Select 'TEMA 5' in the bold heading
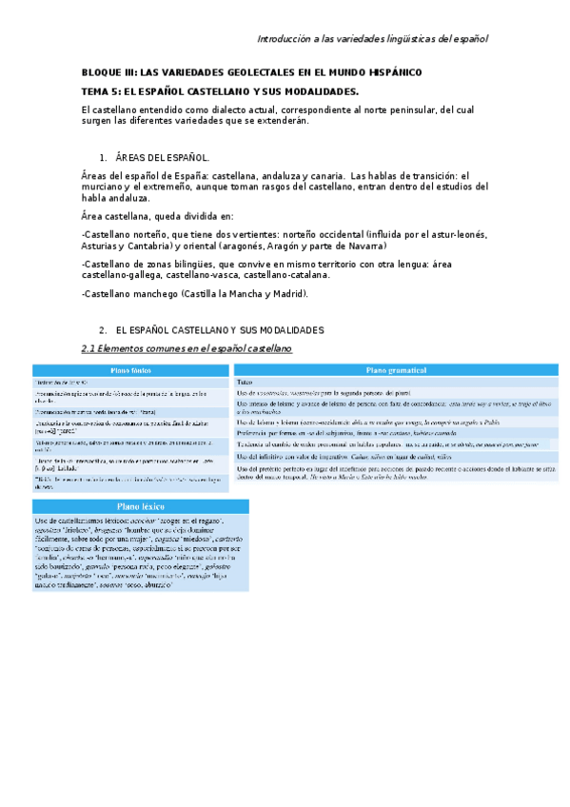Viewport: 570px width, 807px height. point(104,91)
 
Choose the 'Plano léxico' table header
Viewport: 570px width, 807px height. point(141,508)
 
